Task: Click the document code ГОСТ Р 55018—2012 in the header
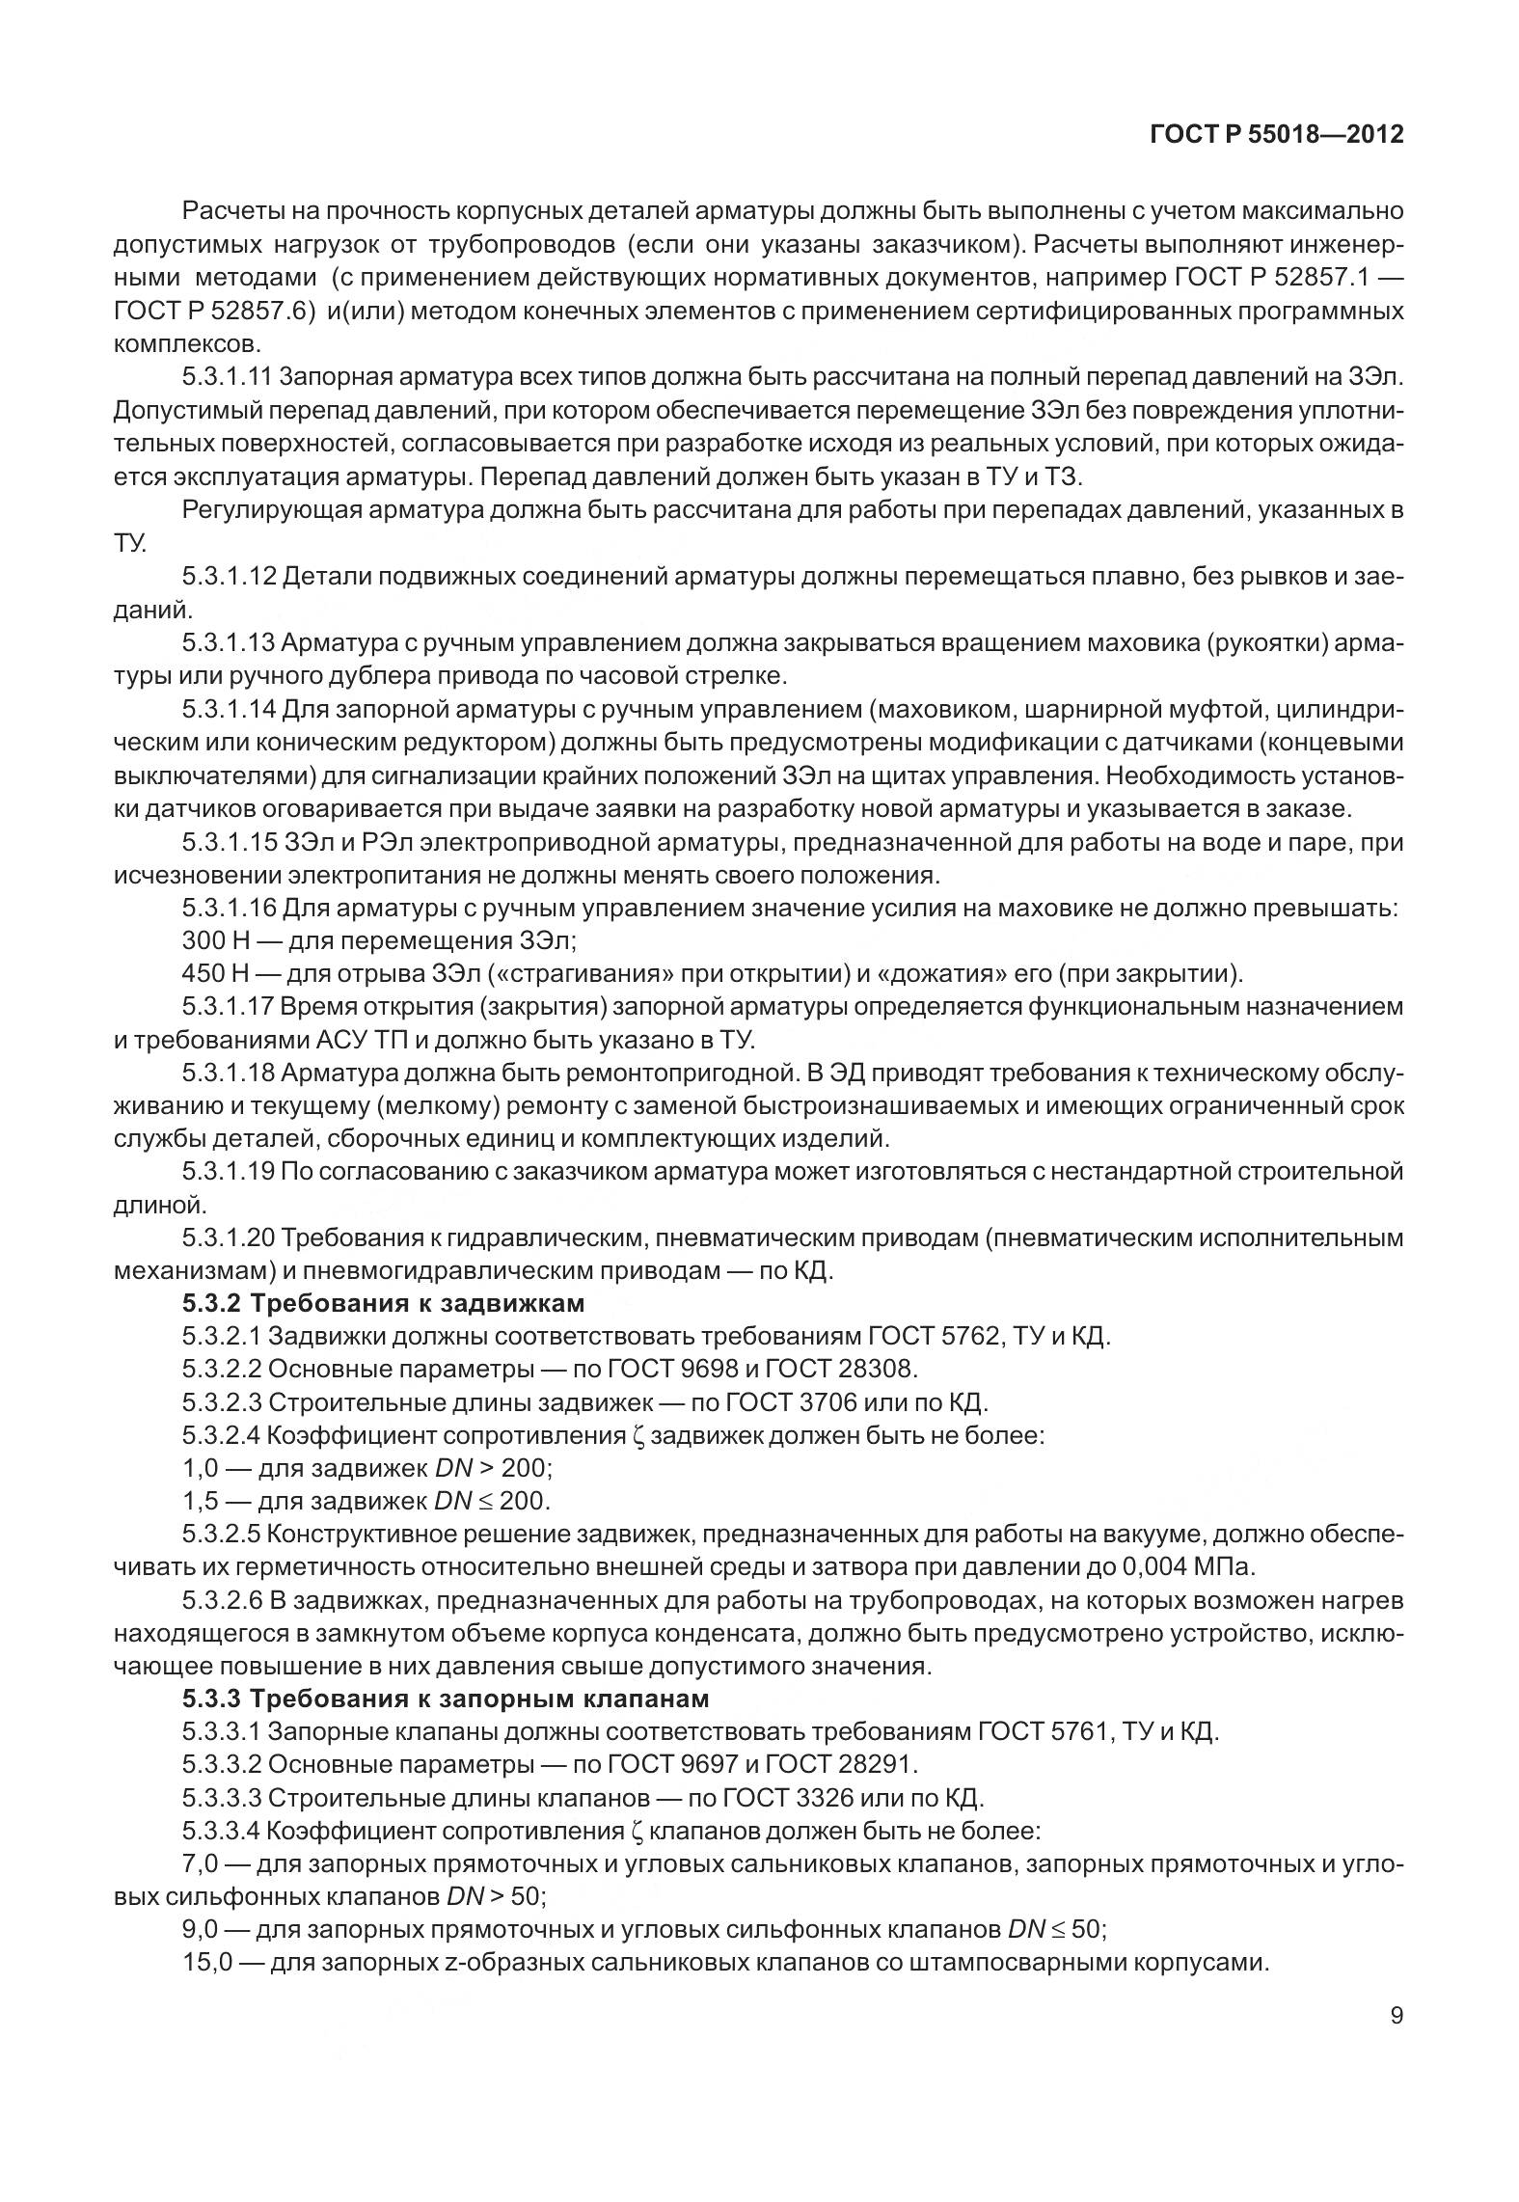pos(1276,135)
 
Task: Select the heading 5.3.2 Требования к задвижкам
pos(384,1303)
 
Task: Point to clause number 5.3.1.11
pos(228,376)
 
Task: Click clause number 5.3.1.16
pos(229,908)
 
